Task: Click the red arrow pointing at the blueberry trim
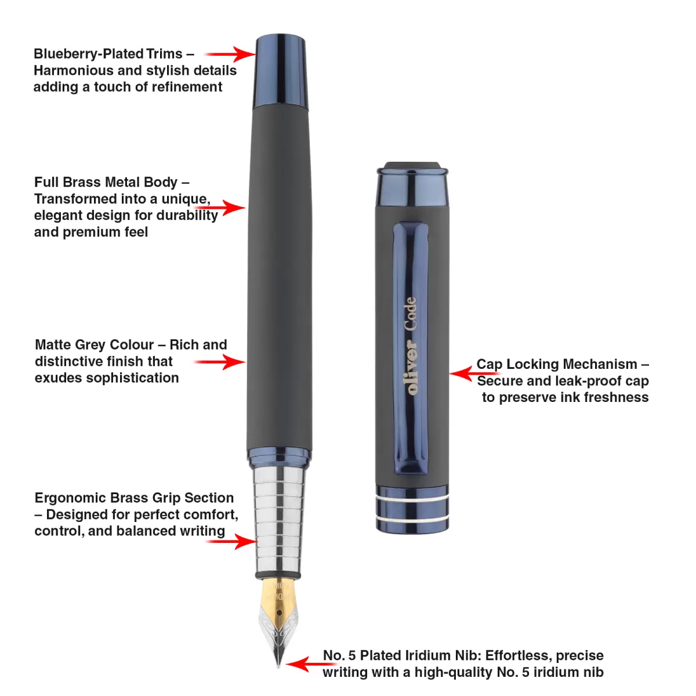(230, 54)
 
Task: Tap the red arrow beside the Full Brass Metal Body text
(220, 208)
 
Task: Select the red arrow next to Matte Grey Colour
(220, 362)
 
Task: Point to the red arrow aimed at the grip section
(231, 541)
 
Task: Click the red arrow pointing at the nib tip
(311, 664)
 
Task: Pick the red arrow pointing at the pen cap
(474, 374)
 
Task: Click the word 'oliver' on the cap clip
(411, 367)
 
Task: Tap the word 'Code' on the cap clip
(411, 314)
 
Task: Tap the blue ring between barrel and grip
(279, 457)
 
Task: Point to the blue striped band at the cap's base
(412, 509)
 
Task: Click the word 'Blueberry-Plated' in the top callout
(89, 54)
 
